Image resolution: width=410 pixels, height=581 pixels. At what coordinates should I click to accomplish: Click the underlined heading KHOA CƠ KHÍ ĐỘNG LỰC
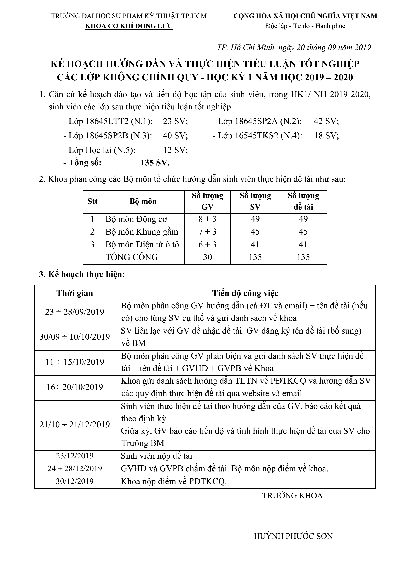(x=129, y=26)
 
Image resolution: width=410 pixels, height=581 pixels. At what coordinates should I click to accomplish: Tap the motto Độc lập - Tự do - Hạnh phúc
(x=305, y=26)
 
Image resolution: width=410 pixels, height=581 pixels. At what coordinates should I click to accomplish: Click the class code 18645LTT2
(x=107, y=121)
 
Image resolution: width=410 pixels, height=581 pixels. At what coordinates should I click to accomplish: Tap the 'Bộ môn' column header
(x=143, y=202)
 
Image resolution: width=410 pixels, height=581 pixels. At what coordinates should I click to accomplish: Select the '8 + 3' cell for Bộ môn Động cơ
(x=207, y=219)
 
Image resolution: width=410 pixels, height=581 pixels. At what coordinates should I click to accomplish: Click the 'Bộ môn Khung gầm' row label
(x=142, y=232)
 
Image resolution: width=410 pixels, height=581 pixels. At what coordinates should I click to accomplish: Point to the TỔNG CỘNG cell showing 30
(x=207, y=257)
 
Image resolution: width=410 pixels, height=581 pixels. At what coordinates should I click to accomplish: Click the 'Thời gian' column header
(x=75, y=293)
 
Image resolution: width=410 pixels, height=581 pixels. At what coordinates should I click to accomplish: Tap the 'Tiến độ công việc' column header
(x=245, y=293)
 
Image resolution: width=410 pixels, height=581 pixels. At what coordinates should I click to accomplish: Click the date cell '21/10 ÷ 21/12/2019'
(x=75, y=425)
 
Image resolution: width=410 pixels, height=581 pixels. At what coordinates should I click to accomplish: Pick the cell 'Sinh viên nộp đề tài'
(x=157, y=456)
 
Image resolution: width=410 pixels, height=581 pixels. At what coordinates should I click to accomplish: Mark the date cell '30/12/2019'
(x=75, y=481)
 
